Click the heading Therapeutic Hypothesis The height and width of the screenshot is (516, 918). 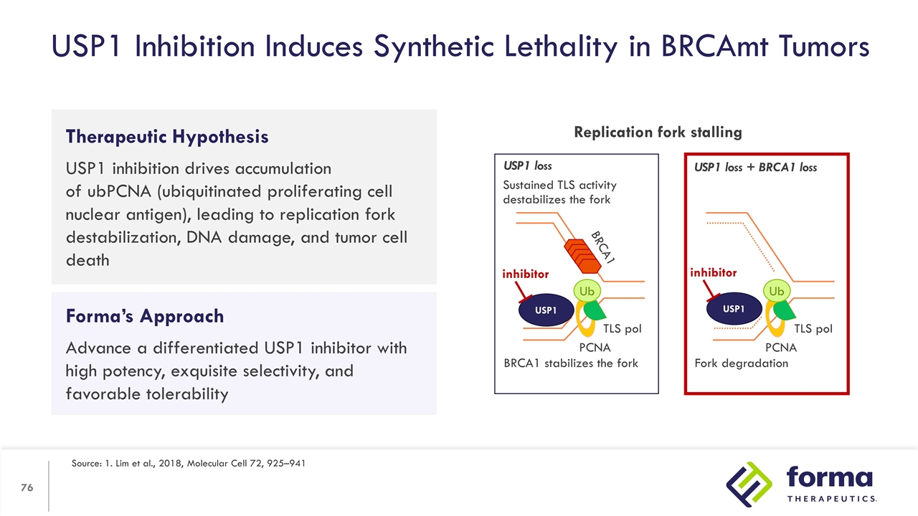[167, 136]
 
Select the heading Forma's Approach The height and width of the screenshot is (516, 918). [145, 316]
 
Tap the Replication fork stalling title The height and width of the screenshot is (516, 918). [658, 132]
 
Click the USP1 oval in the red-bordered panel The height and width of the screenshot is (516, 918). [733, 309]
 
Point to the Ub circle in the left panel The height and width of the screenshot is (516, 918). [587, 292]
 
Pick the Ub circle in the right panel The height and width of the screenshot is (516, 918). [776, 291]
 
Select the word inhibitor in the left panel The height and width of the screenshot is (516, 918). [525, 274]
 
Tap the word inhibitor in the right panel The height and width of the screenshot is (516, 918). [713, 272]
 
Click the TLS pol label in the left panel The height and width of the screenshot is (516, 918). [622, 329]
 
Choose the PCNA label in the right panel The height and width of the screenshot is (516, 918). [780, 348]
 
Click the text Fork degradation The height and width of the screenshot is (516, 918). [741, 363]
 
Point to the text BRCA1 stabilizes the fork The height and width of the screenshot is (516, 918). [570, 363]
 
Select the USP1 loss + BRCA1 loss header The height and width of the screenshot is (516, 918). [755, 168]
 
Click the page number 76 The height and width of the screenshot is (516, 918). [27, 487]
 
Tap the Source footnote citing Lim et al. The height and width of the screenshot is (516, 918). [189, 464]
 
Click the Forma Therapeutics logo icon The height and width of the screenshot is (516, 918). [749, 483]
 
